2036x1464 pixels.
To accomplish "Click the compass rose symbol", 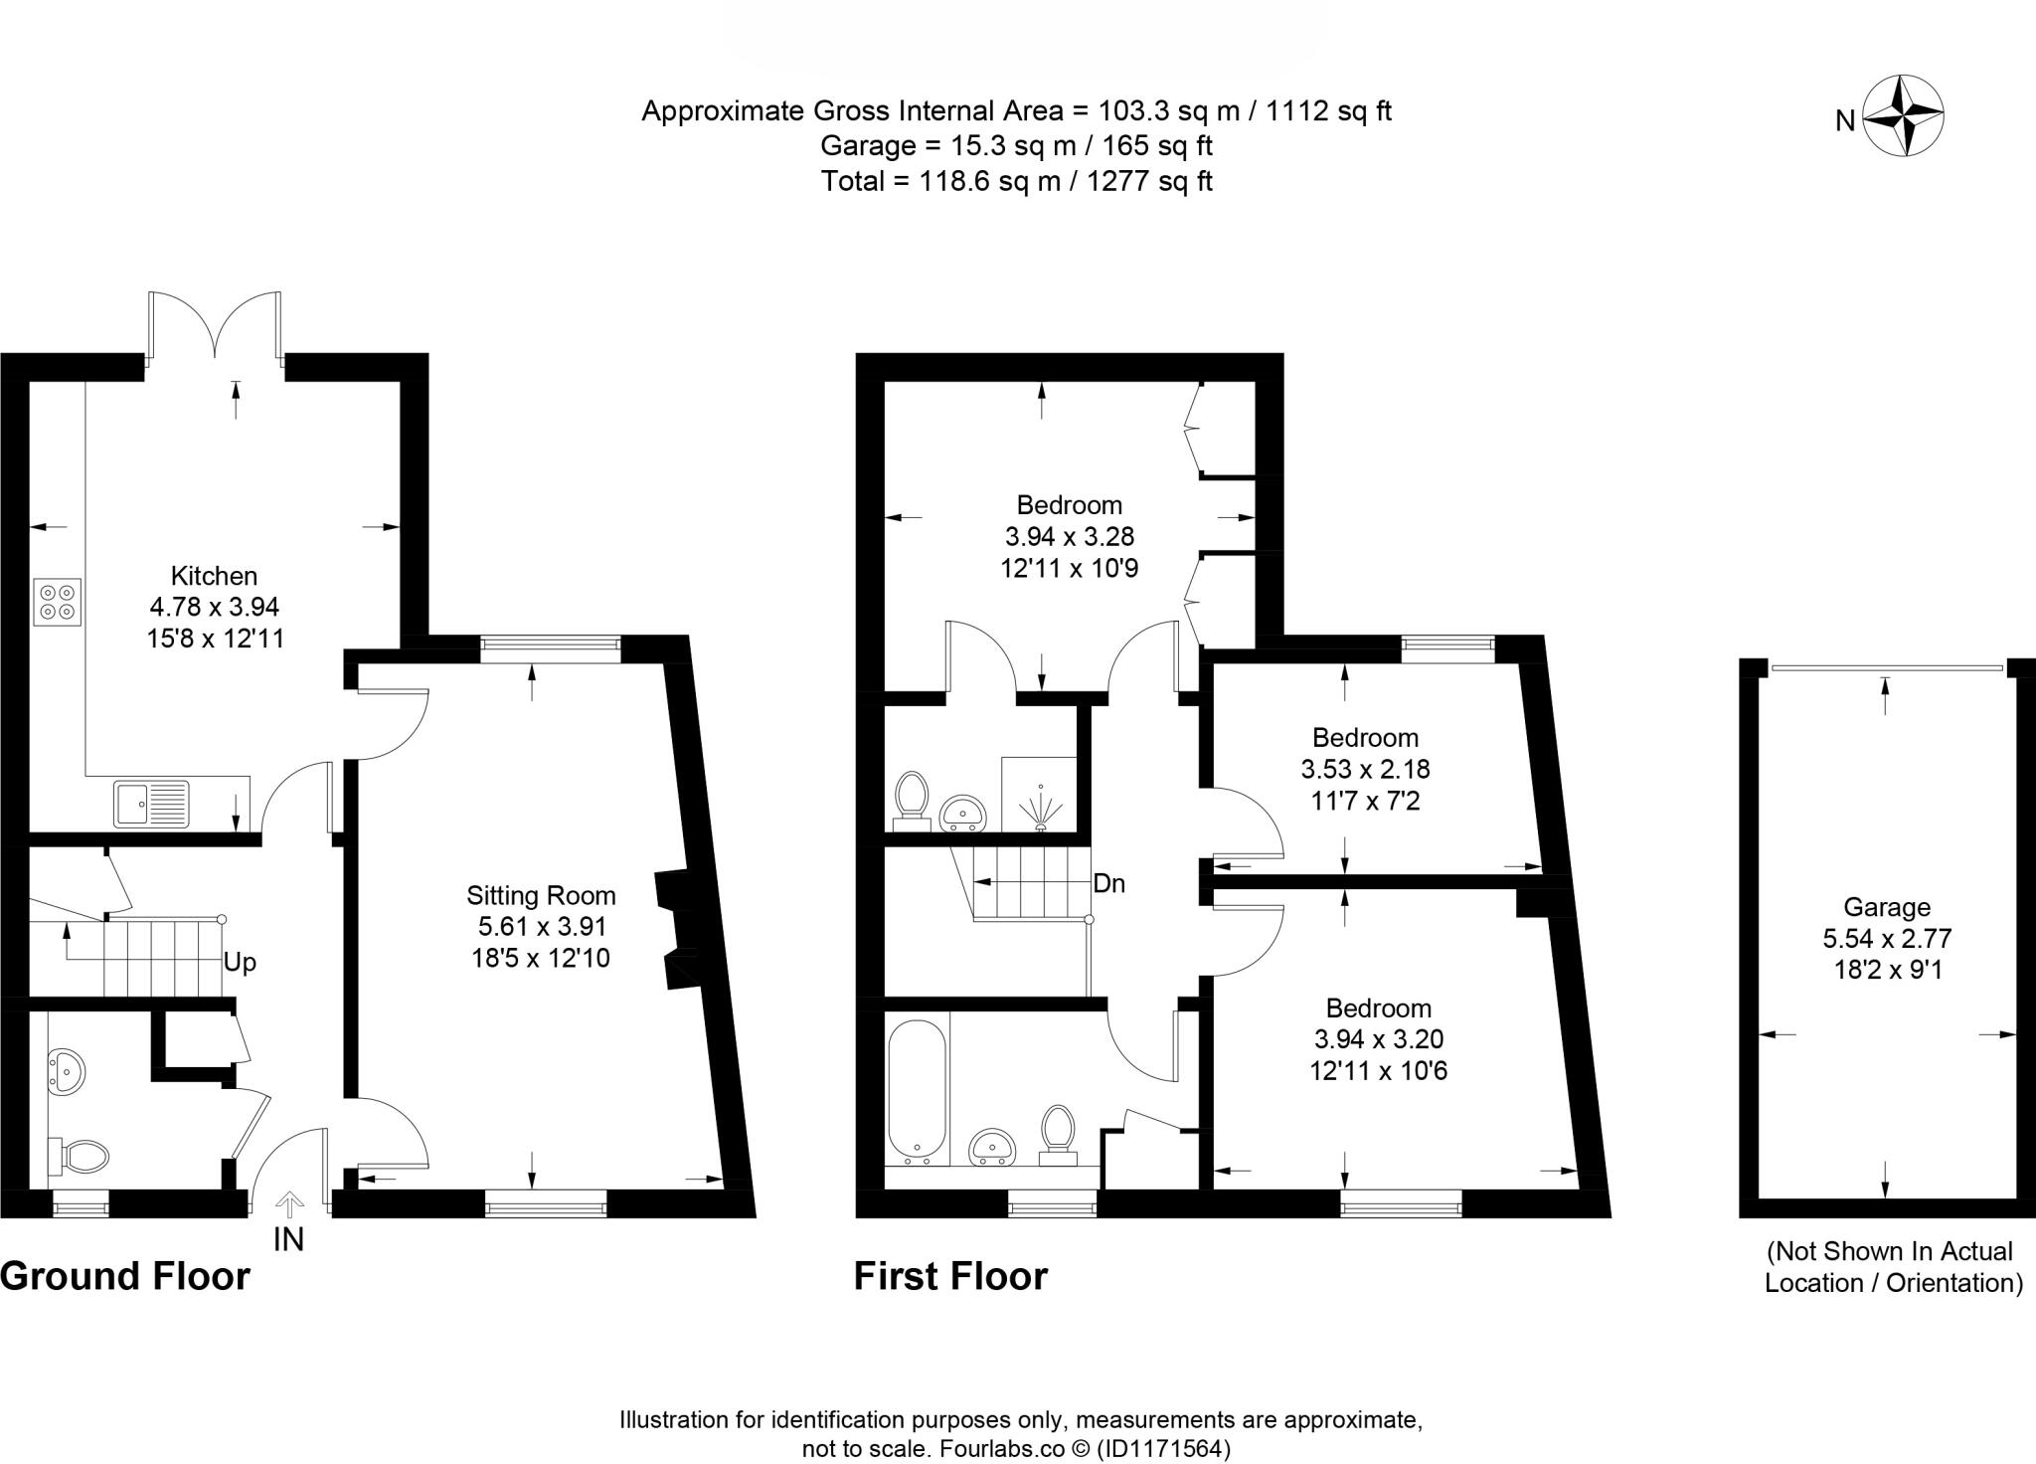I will (1903, 115).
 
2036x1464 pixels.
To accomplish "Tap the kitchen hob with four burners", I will (58, 602).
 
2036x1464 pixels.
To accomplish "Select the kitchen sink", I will (151, 803).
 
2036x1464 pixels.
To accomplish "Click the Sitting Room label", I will (542, 896).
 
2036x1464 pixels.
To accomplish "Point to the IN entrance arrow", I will (289, 1207).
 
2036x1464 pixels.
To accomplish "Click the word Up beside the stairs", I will (240, 963).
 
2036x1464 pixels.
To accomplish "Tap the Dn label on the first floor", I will (1108, 883).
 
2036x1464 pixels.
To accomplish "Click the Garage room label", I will (1887, 907).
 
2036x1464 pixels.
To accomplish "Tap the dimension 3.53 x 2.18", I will (1365, 769).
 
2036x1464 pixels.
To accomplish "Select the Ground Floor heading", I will (125, 1276).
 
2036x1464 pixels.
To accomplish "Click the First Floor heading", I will (950, 1276).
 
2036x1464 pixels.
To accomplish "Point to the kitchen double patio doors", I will (215, 328).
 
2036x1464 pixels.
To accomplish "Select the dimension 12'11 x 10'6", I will (1378, 1071).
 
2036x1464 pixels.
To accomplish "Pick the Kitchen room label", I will (214, 576).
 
